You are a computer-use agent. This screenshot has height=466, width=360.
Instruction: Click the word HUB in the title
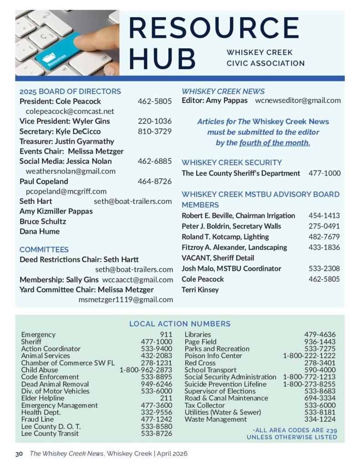point(162,58)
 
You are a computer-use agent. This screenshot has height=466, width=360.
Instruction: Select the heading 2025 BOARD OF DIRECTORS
point(70,91)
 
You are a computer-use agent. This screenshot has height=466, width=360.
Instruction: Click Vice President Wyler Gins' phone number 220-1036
point(155,121)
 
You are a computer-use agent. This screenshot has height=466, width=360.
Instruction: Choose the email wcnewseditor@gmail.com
point(298,101)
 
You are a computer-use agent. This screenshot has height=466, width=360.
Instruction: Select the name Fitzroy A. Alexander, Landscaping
point(234,247)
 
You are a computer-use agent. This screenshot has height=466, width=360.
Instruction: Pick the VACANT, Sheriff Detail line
point(218,258)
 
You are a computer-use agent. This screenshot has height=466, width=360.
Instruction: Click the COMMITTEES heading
point(44,249)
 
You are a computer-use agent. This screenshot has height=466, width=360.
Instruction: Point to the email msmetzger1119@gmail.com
point(126,299)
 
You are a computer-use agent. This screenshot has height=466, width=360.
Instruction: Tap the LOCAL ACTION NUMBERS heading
point(180,324)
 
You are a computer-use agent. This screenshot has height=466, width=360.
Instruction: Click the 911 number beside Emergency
point(166,334)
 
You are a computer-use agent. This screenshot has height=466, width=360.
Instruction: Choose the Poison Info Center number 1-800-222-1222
point(309,355)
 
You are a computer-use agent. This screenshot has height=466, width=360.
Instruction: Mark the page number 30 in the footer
point(19,454)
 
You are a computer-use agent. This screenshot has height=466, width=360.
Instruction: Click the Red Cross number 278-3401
point(320,363)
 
